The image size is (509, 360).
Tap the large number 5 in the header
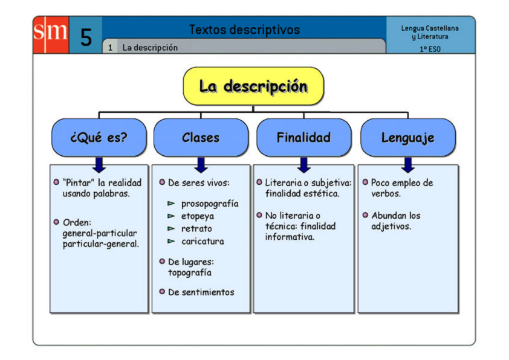pos(86,38)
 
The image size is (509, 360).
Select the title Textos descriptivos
pos(244,30)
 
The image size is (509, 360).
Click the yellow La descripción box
pos(253,86)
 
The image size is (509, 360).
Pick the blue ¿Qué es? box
pos(99,137)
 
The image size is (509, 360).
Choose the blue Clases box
pos(201,137)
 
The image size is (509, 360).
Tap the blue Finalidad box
pos(303,137)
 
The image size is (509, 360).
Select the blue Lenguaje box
pos(407,137)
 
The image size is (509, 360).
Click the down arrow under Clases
pos(201,164)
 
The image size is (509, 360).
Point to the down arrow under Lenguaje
pos(408,164)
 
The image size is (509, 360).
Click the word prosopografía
pos(210,204)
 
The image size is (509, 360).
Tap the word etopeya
pos(198,216)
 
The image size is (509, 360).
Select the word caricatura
pos(203,241)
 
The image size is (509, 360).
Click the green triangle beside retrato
pos(171,229)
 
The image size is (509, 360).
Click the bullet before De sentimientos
pos(162,291)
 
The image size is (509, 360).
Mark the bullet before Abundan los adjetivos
pos(365,215)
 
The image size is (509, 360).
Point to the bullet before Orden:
pos(56,222)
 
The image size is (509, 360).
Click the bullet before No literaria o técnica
pos(259,215)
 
